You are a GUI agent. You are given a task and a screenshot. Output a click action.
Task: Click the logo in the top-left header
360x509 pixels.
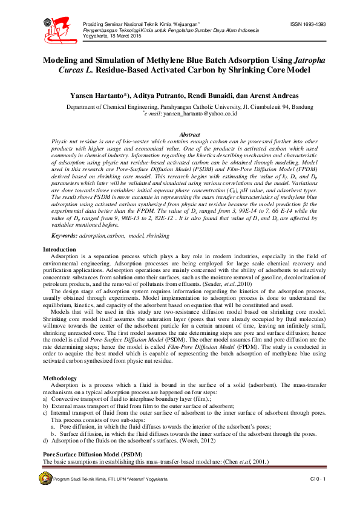pyautogui.click(x=55, y=27)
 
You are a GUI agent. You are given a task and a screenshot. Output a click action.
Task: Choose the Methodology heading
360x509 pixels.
pyautogui.click(x=59, y=378)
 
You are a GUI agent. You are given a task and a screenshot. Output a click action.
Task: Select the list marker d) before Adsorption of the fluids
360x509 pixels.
pyautogui.click(x=45, y=441)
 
